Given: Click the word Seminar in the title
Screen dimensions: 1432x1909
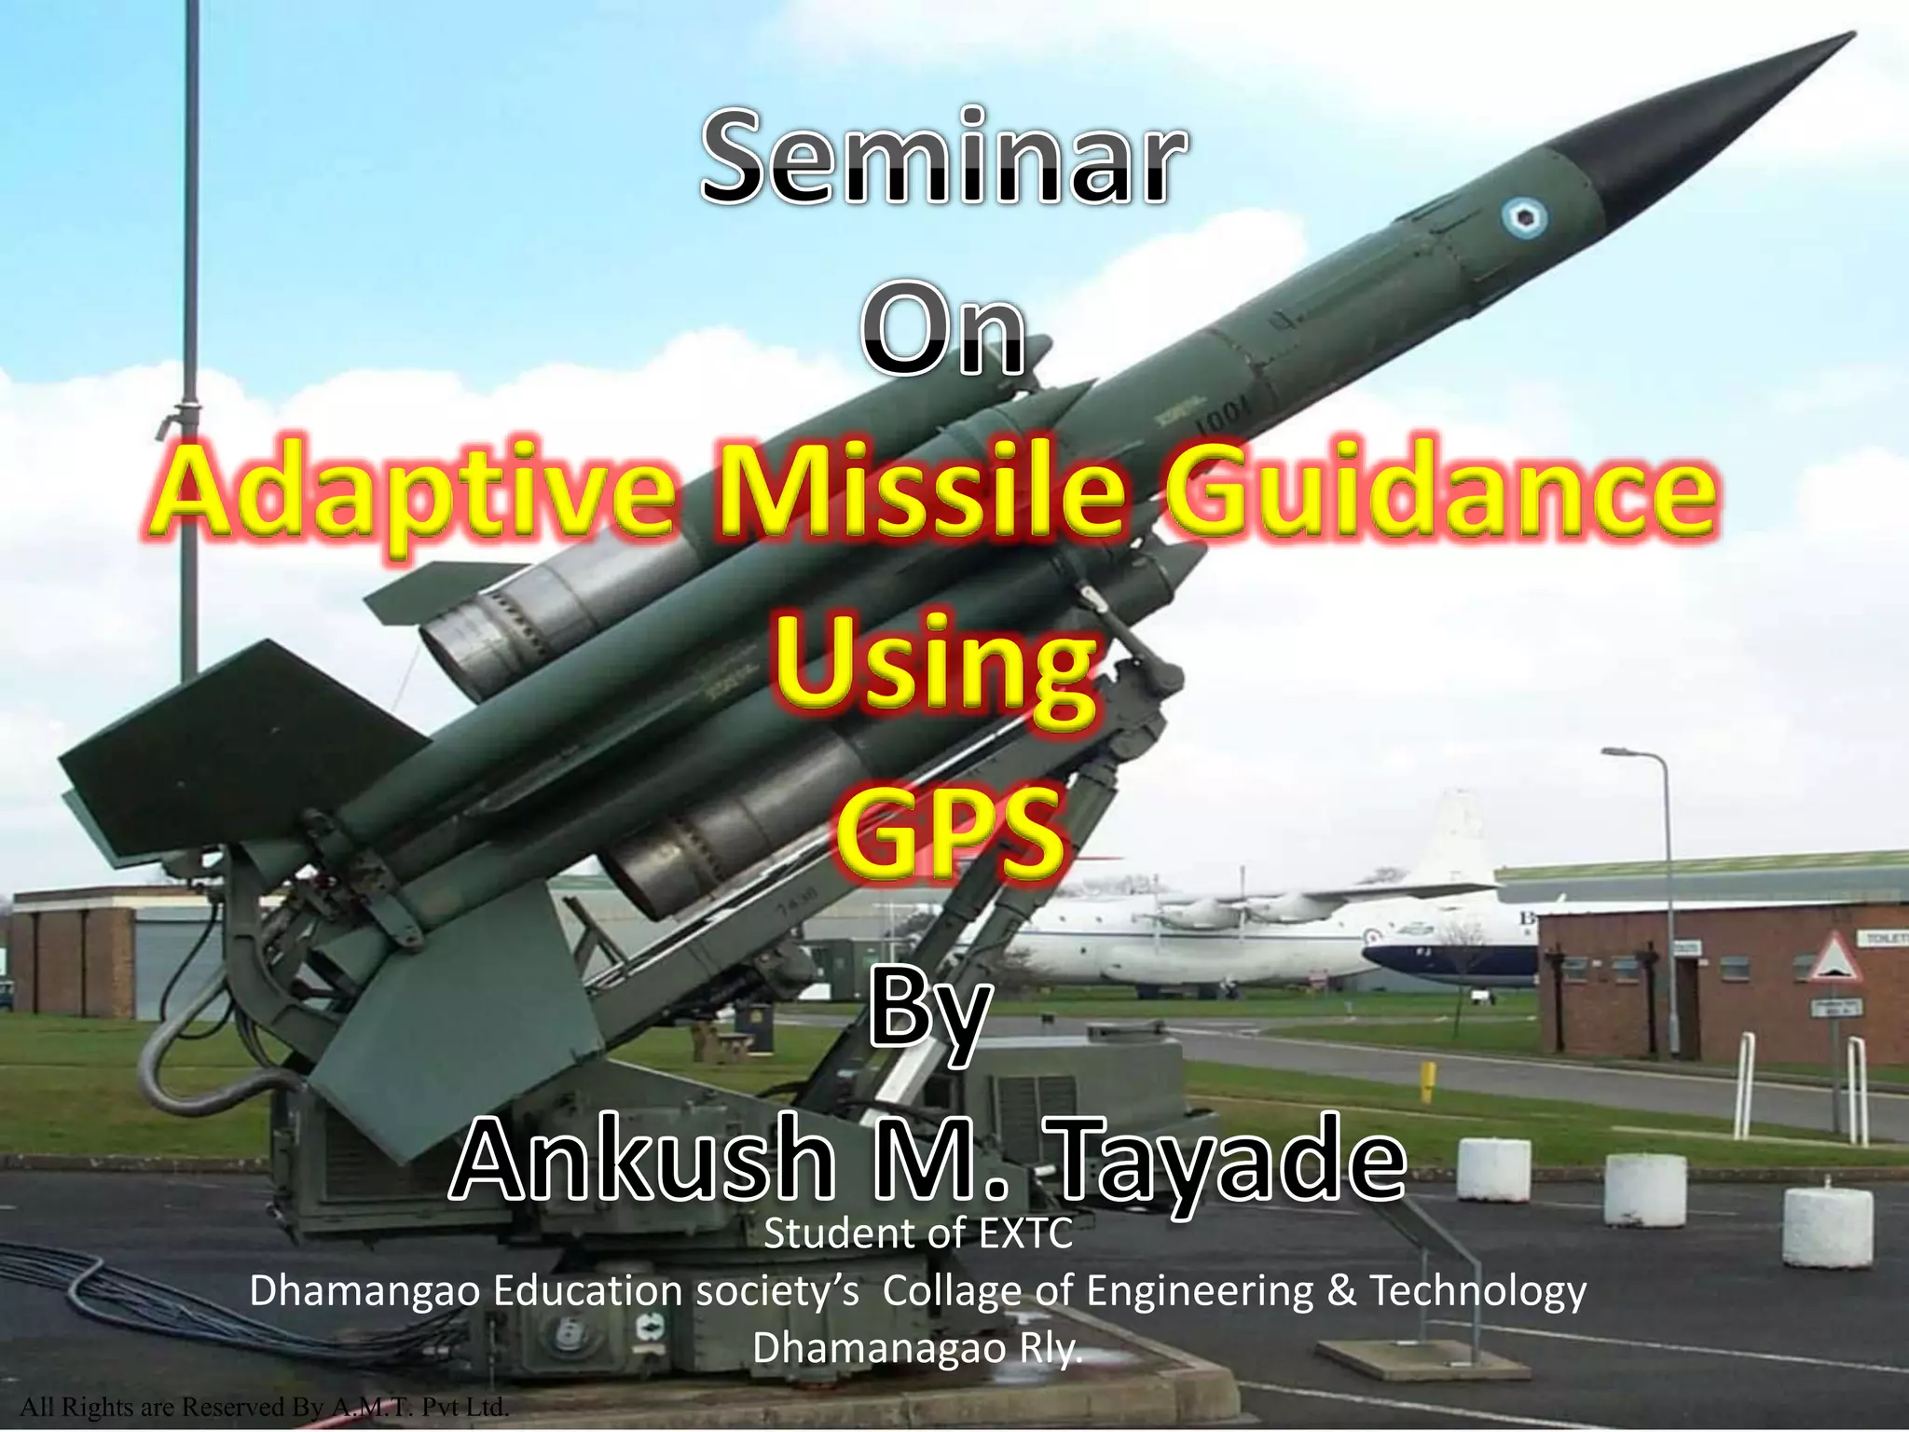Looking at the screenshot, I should pyautogui.click(x=943, y=158).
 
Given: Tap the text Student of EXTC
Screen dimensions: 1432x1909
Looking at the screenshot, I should pyautogui.click(x=918, y=1234).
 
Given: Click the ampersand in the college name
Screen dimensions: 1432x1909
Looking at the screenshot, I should pyautogui.click(x=1340, y=1291).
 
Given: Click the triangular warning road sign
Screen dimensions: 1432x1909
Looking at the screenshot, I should pyautogui.click(x=1834, y=960).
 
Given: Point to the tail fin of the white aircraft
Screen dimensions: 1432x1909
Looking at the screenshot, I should pyautogui.click(x=1455, y=839).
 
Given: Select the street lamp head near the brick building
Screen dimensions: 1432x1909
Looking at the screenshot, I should pyautogui.click(x=1620, y=751).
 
